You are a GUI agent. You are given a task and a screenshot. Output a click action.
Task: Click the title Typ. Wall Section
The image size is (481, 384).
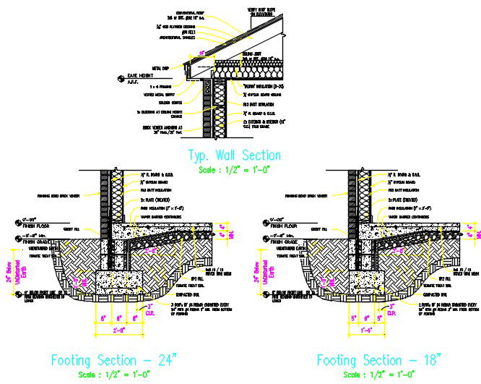233,155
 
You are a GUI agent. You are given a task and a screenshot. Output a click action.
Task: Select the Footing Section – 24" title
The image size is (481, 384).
112,359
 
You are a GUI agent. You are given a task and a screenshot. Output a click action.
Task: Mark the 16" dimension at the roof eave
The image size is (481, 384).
202,51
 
